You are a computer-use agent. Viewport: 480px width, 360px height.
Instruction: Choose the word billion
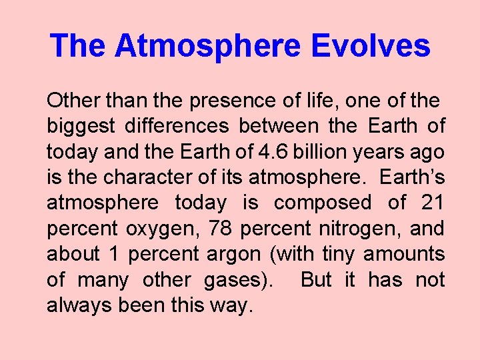click(316, 152)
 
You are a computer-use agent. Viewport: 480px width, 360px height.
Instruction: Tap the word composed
click(323, 203)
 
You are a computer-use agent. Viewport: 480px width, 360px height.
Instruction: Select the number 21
click(433, 203)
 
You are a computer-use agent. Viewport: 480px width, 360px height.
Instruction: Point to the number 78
click(221, 228)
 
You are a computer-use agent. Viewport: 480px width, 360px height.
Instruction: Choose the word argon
click(225, 255)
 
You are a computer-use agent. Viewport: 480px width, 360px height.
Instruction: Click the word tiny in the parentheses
click(339, 254)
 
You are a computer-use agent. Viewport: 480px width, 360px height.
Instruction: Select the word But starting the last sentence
click(316, 279)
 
